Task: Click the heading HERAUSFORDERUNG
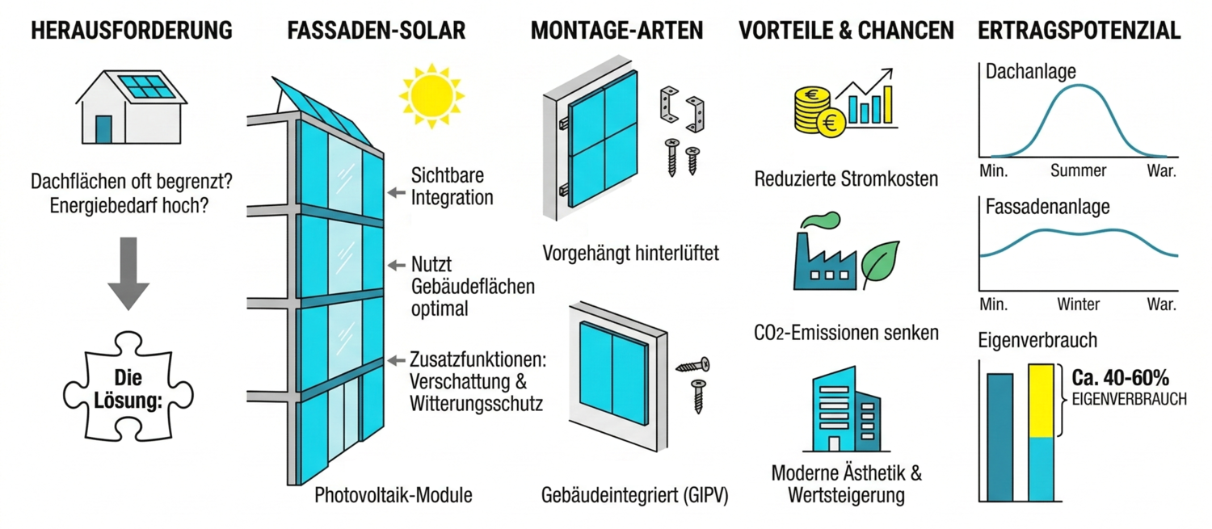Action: point(132,31)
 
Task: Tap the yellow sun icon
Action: point(431,96)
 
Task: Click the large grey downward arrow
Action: point(128,273)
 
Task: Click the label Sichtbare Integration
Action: point(452,186)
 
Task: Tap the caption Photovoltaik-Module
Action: point(393,495)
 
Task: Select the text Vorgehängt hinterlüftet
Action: point(631,253)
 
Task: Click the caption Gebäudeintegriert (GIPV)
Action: point(634,495)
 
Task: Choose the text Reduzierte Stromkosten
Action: point(846,179)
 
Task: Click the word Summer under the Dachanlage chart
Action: point(1078,171)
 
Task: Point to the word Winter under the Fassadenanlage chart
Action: point(1079,304)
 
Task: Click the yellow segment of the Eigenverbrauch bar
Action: point(1041,401)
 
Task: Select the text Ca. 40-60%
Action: point(1120,377)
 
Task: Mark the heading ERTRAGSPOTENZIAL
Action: point(1079,31)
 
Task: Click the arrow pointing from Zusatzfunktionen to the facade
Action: point(397,360)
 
